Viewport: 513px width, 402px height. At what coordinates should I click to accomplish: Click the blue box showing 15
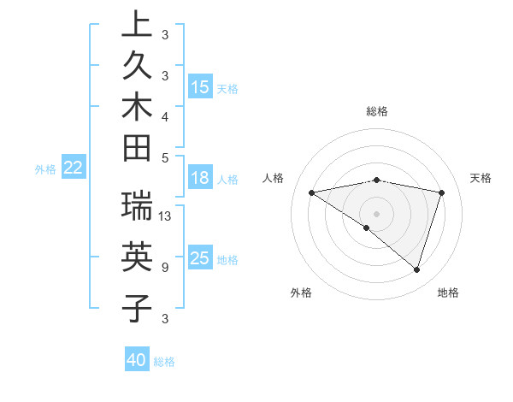pos(200,87)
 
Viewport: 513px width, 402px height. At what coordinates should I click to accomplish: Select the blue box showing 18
pos(200,178)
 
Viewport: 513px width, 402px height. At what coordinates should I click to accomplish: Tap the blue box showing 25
pos(200,258)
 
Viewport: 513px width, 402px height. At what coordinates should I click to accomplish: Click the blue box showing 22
pos(74,168)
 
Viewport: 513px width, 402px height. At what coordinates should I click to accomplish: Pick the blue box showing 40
pos(137,360)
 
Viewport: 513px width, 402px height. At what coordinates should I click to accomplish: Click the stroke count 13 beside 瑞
pos(165,216)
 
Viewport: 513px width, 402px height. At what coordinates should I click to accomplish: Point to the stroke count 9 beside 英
pos(164,268)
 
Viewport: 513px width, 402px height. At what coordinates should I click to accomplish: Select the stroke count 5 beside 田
pos(164,157)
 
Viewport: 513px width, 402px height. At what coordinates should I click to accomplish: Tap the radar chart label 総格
pos(377,111)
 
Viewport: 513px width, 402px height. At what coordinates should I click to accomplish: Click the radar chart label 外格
pos(301,293)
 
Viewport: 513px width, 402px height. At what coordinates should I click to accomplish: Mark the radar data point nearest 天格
pos(442,192)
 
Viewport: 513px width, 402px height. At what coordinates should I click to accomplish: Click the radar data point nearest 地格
pos(416,269)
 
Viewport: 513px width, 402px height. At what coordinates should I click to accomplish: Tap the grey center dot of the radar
pos(377,213)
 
